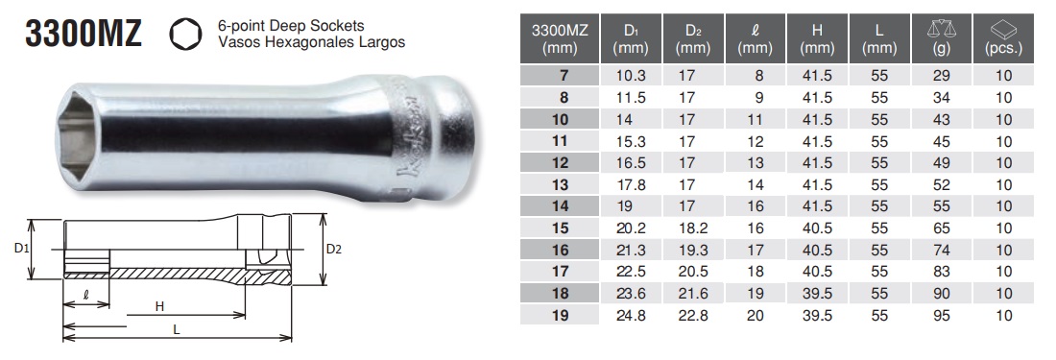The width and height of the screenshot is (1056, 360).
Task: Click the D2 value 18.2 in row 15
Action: pyautogui.click(x=689, y=228)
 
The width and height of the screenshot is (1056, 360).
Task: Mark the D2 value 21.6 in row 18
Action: pyautogui.click(x=689, y=292)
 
